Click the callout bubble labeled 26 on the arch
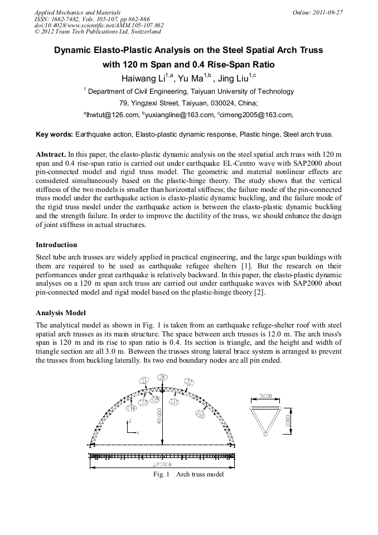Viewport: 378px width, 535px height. pyautogui.click(x=163, y=378)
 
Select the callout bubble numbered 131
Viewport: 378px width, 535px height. pyautogui.click(x=173, y=402)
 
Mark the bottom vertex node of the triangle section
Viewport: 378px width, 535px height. pyautogui.click(x=265, y=434)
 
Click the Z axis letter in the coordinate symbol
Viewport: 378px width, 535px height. pyautogui.click(x=129, y=420)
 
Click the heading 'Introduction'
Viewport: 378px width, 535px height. pyautogui.click(x=56, y=244)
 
